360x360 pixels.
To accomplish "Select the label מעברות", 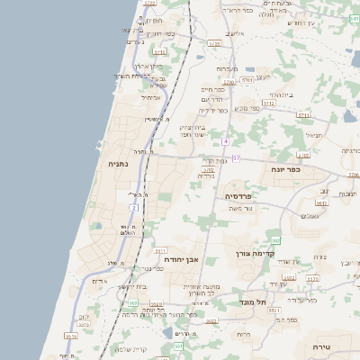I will pyautogui.click(x=227, y=68).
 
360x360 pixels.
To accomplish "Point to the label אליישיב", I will pyautogui.click(x=235, y=33).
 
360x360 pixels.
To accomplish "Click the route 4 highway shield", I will pyautogui.click(x=226, y=142).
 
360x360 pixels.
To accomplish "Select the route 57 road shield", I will pyautogui.click(x=236, y=158).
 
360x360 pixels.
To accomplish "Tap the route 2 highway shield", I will pyautogui.click(x=133, y=208).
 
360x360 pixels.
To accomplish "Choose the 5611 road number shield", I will pyautogui.click(x=159, y=251).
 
